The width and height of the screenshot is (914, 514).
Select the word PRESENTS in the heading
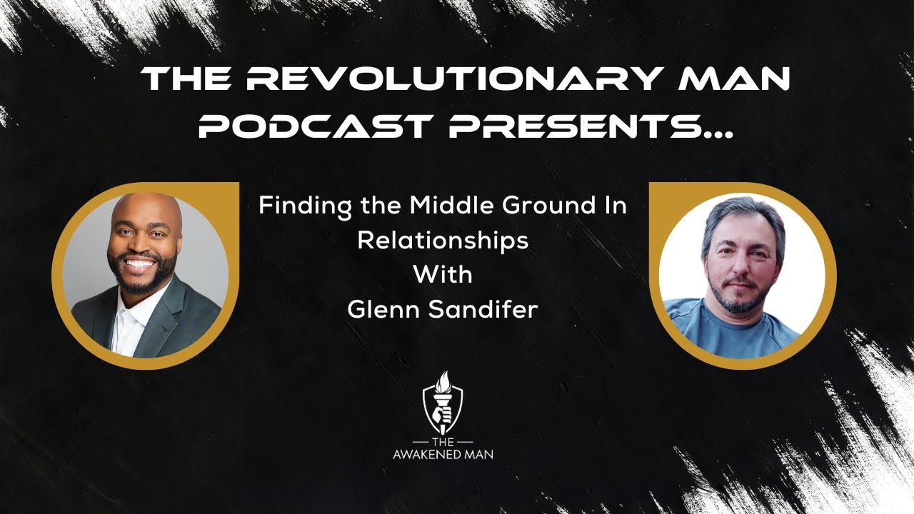click(571, 126)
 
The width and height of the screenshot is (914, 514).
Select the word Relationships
click(443, 241)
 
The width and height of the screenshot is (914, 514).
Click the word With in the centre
click(443, 274)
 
